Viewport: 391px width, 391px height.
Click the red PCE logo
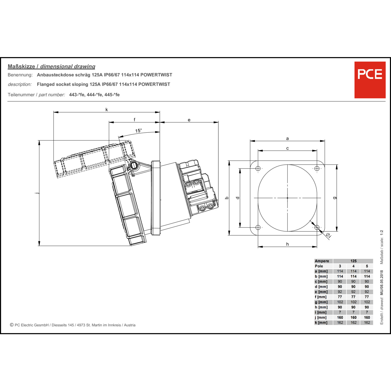[x=370, y=80]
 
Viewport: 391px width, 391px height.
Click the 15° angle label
[x=138, y=131]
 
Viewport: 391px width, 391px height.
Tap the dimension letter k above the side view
[x=107, y=109]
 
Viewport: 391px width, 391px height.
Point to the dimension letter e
[x=189, y=120]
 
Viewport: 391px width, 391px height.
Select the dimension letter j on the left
[x=37, y=193]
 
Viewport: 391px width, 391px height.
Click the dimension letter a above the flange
[x=288, y=138]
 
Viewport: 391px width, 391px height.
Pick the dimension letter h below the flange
[x=288, y=244]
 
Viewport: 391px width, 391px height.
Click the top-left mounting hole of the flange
[x=258, y=168]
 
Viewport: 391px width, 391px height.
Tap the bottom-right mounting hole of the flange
[x=317, y=228]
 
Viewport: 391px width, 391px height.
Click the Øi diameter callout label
[x=328, y=236]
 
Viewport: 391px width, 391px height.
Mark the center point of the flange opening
[x=288, y=198]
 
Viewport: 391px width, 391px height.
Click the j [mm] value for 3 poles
[x=340, y=317]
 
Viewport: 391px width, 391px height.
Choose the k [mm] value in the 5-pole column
[x=367, y=322]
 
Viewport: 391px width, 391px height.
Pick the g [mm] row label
[x=321, y=302]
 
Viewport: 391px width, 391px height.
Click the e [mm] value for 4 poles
[x=353, y=292]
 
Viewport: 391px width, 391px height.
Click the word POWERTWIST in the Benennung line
[x=156, y=75]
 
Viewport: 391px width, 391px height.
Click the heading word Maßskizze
[x=21, y=66]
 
